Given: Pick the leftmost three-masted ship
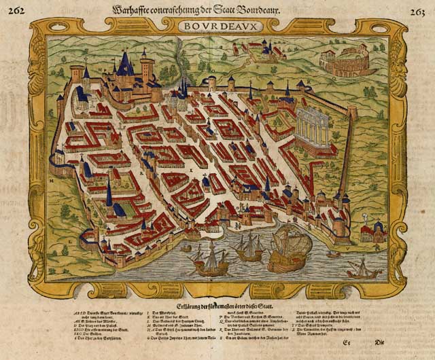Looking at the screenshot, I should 208,258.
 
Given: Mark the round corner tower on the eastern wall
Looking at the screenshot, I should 352,113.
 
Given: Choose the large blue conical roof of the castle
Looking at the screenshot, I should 126,65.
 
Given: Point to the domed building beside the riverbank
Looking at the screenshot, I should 370,232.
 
